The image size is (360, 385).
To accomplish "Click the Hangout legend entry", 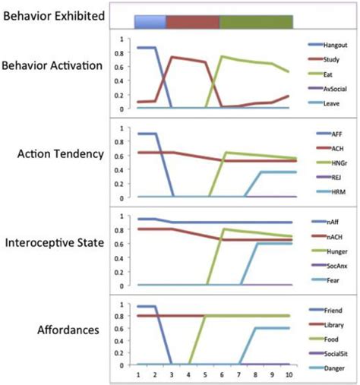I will tap(325, 45).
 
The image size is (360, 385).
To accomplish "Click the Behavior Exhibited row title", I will tap(53, 15).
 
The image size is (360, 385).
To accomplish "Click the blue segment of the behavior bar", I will tap(150, 21).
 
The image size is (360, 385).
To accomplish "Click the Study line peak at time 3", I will tap(173, 57).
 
